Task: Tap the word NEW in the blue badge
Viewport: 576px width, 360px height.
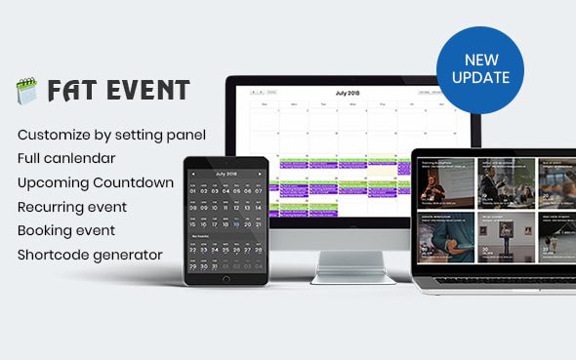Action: pyautogui.click(x=480, y=60)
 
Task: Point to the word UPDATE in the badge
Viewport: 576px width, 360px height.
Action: pyautogui.click(x=480, y=77)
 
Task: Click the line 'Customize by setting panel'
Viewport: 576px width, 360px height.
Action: pyautogui.click(x=111, y=133)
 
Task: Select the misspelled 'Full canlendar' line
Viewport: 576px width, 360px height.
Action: pyautogui.click(x=66, y=157)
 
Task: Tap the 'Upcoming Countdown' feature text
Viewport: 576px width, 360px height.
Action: pyautogui.click(x=96, y=182)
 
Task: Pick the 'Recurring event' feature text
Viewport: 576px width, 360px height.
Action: pyautogui.click(x=72, y=207)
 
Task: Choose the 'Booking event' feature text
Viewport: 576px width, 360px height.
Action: pyautogui.click(x=66, y=231)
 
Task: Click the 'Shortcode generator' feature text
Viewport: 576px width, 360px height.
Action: pyautogui.click(x=90, y=256)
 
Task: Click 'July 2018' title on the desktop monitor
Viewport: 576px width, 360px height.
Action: pyautogui.click(x=348, y=93)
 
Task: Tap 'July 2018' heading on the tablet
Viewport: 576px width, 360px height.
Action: pyautogui.click(x=226, y=174)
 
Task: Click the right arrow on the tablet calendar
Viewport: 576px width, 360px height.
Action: pyautogui.click(x=261, y=174)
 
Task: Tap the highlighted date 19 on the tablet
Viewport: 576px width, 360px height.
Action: pyautogui.click(x=237, y=222)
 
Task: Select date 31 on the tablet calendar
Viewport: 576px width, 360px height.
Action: pyautogui.click(x=216, y=265)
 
